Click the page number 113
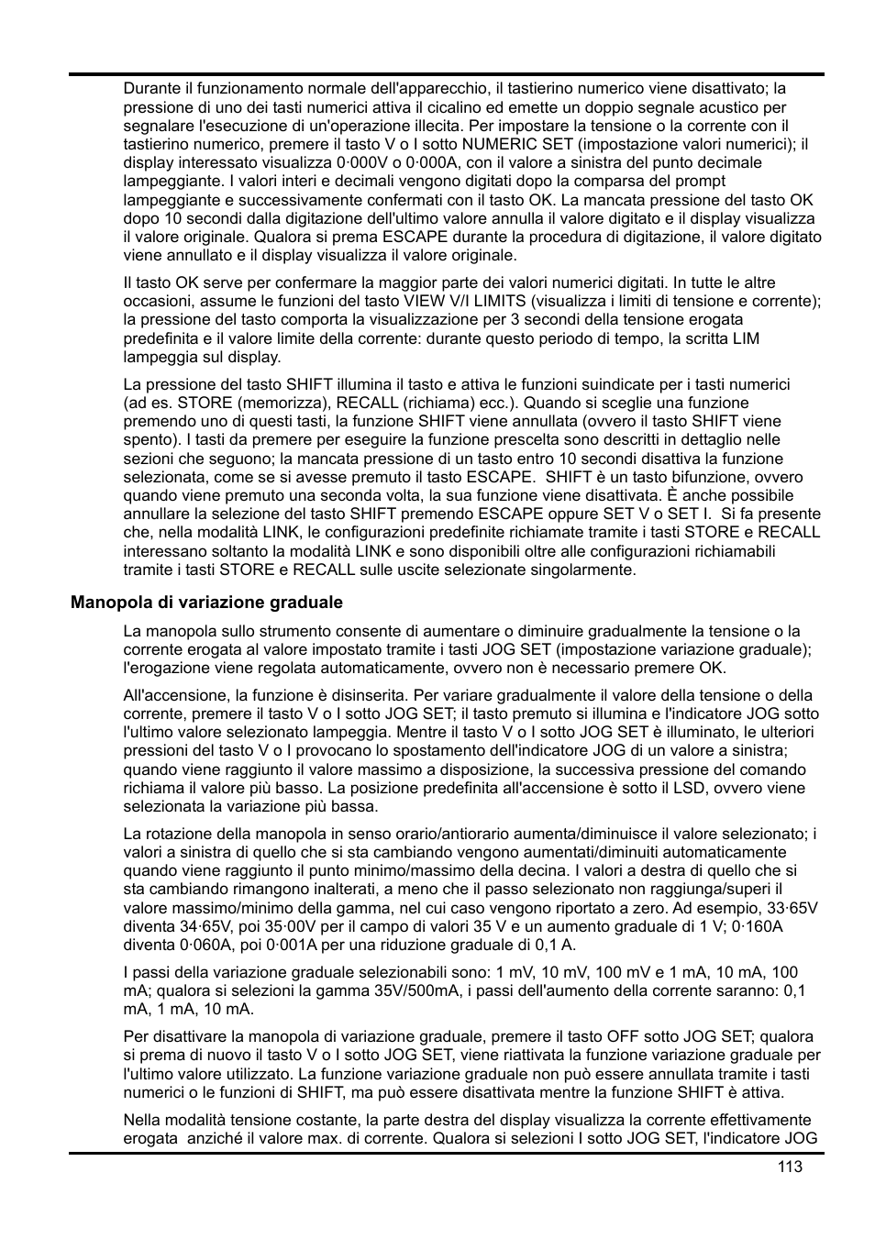[789, 1167]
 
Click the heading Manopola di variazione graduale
[206, 603]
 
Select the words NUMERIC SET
[517, 144]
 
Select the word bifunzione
[723, 477]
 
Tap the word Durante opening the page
[151, 89]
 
